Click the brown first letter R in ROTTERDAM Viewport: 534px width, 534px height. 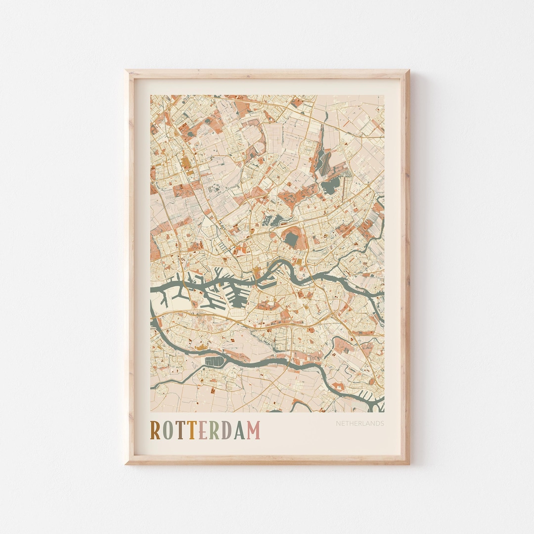click(x=155, y=430)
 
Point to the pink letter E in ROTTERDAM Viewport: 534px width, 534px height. click(x=202, y=430)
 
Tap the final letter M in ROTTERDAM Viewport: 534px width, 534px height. click(x=253, y=430)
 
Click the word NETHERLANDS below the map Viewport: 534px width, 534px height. click(x=360, y=423)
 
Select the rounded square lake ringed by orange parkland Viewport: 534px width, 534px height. click(x=291, y=239)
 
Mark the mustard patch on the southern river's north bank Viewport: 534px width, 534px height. click(x=202, y=348)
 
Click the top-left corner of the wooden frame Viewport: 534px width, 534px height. click(x=127, y=71)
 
